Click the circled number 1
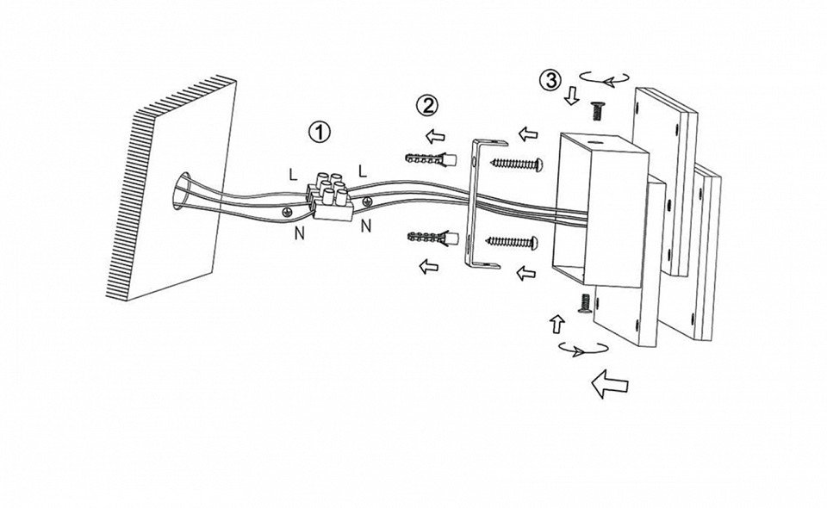point(320,133)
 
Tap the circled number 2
point(426,106)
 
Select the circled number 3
point(549,80)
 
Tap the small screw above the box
point(594,109)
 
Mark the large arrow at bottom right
point(610,382)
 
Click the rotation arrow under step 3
point(604,79)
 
